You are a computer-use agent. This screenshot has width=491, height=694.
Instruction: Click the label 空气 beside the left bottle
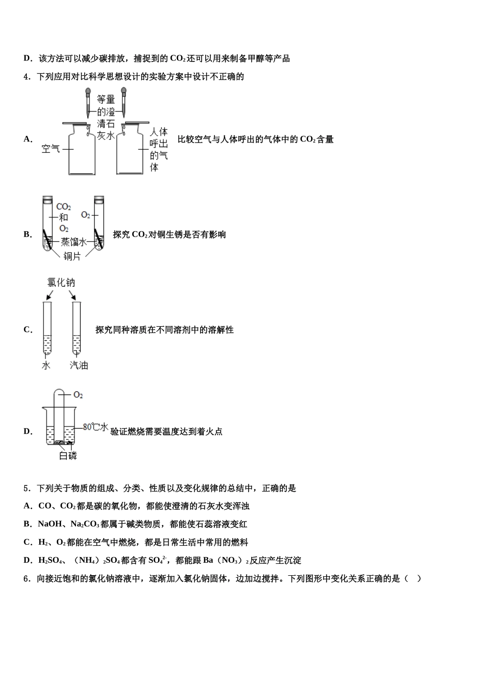click(x=51, y=149)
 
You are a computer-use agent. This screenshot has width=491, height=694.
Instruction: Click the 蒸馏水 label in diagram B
click(x=74, y=241)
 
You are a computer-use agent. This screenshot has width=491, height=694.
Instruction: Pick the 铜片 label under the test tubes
click(x=72, y=256)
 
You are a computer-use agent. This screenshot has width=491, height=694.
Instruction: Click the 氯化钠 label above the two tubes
click(x=61, y=282)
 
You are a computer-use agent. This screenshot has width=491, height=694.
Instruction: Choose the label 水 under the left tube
click(x=46, y=366)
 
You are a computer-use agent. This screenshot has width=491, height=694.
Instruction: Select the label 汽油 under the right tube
click(x=79, y=366)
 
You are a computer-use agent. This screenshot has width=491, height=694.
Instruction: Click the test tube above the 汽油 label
click(x=76, y=328)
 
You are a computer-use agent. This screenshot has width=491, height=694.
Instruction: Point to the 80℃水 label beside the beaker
click(x=96, y=427)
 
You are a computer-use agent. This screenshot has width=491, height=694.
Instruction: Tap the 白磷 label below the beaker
click(x=68, y=456)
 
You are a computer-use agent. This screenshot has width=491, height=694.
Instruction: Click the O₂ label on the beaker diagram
click(x=78, y=395)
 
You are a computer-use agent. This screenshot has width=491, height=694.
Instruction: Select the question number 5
click(x=26, y=488)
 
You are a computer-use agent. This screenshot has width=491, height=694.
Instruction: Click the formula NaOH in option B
click(x=49, y=525)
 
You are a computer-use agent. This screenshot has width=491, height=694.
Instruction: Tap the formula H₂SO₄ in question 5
click(x=50, y=561)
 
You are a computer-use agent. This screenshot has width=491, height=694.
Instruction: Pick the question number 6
click(x=26, y=579)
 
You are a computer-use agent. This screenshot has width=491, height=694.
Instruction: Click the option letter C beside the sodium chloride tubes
click(x=27, y=329)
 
